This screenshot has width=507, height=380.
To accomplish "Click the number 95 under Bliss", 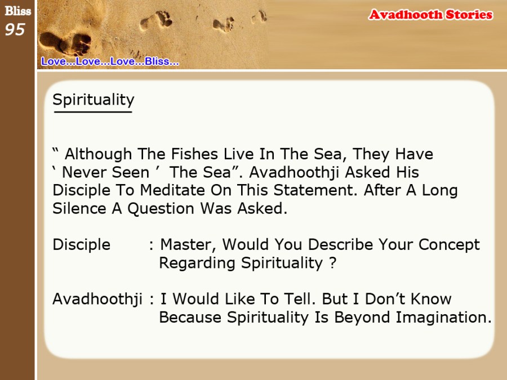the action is [15, 29].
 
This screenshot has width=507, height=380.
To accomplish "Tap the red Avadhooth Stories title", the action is [430, 15].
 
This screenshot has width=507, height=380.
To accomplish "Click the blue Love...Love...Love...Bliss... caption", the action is [110, 61].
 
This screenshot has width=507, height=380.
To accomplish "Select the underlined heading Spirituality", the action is [93, 100].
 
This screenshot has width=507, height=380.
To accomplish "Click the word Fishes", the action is [194, 154].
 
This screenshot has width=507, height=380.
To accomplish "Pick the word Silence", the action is [79, 208].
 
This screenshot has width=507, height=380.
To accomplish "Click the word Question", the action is [161, 209].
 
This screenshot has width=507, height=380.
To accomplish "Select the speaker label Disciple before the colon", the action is [82, 245].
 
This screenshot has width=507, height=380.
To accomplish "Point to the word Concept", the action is [449, 245].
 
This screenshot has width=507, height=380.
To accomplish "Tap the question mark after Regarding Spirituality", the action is [333, 263].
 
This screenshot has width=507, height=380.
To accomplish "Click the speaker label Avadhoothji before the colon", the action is [97, 299].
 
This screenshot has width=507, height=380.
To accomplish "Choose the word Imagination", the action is [444, 318].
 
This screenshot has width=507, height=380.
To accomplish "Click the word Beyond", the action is [362, 318].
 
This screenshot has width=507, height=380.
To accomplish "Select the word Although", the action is [98, 154].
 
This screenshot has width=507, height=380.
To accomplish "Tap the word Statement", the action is [315, 190].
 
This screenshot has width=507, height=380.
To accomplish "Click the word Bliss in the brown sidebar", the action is [18, 11].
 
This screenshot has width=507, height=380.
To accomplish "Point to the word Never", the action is [83, 172].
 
